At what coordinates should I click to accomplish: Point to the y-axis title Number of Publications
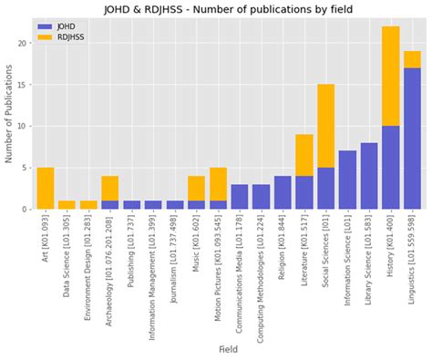click(10, 114)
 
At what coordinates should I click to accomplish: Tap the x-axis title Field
click(227, 348)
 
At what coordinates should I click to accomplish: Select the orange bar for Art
click(45, 188)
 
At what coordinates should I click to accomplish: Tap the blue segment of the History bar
click(390, 168)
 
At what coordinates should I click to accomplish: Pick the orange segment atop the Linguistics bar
click(412, 59)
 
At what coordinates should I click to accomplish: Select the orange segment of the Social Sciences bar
click(325, 126)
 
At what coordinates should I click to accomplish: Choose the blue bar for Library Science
click(368, 176)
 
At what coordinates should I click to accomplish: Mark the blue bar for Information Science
click(347, 180)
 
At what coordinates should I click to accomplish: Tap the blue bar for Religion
click(283, 192)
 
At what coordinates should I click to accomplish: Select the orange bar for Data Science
click(67, 205)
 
